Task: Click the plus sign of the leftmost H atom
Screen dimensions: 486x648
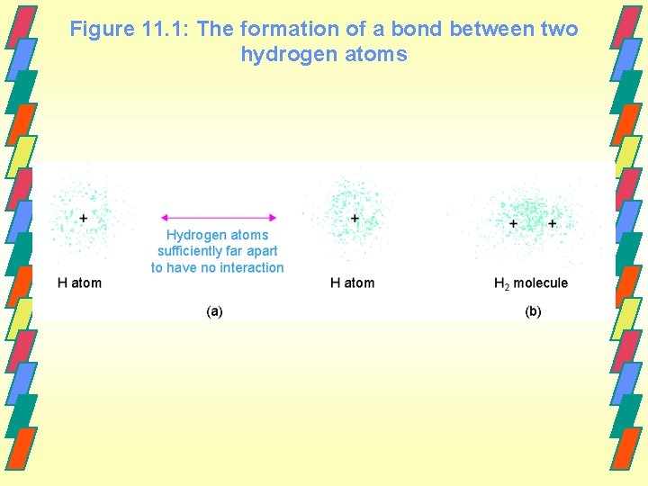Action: (x=84, y=218)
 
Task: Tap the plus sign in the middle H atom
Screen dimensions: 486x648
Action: (x=355, y=218)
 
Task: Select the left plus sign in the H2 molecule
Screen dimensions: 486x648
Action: (x=513, y=223)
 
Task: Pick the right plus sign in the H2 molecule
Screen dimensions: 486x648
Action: (x=552, y=223)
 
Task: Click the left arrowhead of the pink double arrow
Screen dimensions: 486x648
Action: (x=164, y=217)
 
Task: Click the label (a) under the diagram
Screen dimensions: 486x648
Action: (x=214, y=311)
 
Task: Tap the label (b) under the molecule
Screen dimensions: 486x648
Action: (x=533, y=311)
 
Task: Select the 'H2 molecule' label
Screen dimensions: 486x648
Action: (x=531, y=283)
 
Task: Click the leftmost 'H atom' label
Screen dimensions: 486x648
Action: (x=79, y=283)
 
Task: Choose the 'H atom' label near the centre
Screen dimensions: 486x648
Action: (x=352, y=283)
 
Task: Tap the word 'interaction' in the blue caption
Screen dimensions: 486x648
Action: (x=249, y=267)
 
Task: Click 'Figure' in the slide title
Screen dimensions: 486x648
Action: (x=102, y=30)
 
